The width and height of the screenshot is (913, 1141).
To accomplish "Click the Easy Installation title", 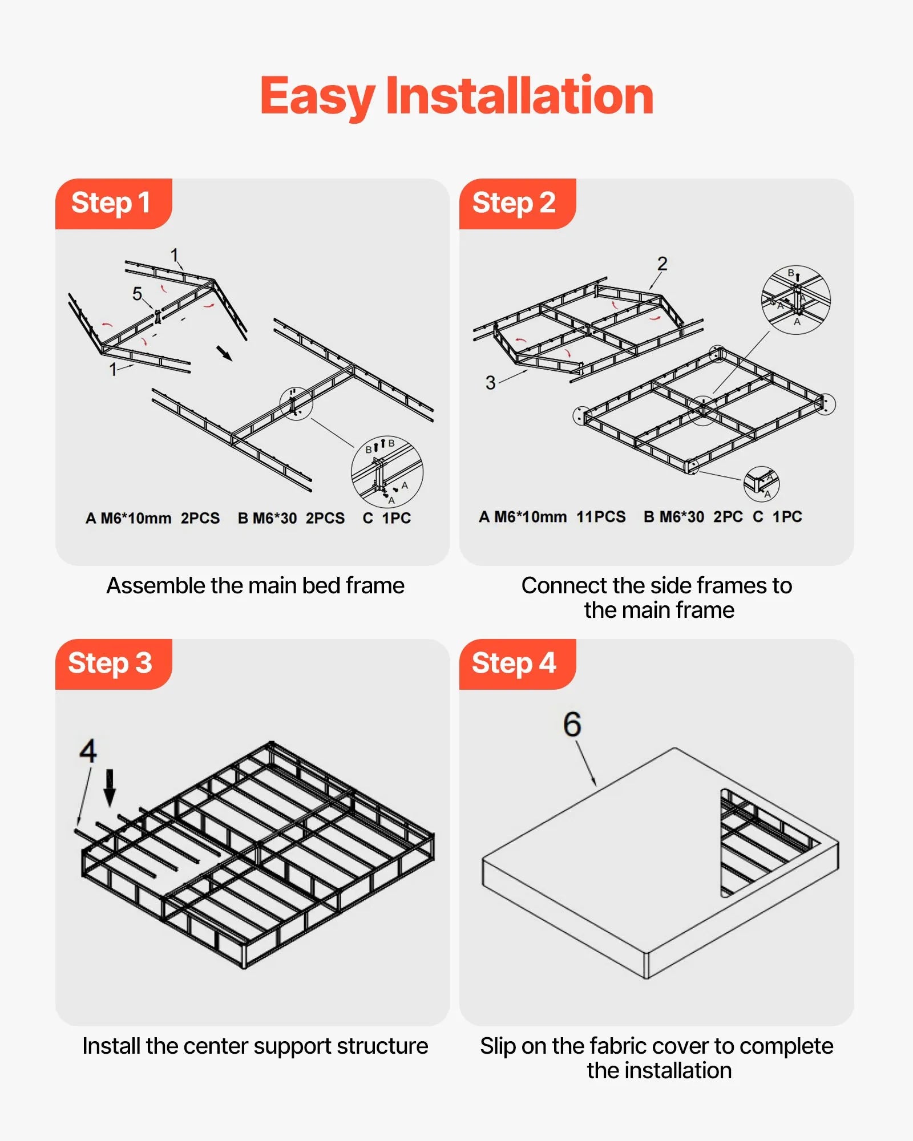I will coord(457,96).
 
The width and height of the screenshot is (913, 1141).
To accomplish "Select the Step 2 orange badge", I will coord(515,203).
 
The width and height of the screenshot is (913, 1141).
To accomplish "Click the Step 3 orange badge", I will coord(112,663).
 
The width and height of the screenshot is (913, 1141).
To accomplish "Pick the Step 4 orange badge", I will coord(515,663).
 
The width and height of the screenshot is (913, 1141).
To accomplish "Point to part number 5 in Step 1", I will coord(137,294).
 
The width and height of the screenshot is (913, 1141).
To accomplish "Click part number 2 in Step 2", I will coord(662,264).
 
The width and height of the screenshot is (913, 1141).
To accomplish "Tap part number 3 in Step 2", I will coord(490,382).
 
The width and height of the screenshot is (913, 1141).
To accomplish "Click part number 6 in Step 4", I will coord(572,725).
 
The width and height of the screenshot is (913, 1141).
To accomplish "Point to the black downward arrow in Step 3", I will coord(110,787).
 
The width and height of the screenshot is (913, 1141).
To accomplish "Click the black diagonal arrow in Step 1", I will coord(225,353).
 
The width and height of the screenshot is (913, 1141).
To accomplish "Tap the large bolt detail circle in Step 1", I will coord(387,472).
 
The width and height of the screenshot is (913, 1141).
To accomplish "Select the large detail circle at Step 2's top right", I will coord(795,300).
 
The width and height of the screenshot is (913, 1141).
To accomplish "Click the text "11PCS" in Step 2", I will coord(601,517).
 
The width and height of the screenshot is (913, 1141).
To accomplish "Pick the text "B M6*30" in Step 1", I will coord(267,519).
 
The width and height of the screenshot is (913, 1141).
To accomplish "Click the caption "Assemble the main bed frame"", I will coord(255,586).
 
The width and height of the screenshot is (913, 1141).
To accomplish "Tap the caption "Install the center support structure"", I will coord(255,1046).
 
